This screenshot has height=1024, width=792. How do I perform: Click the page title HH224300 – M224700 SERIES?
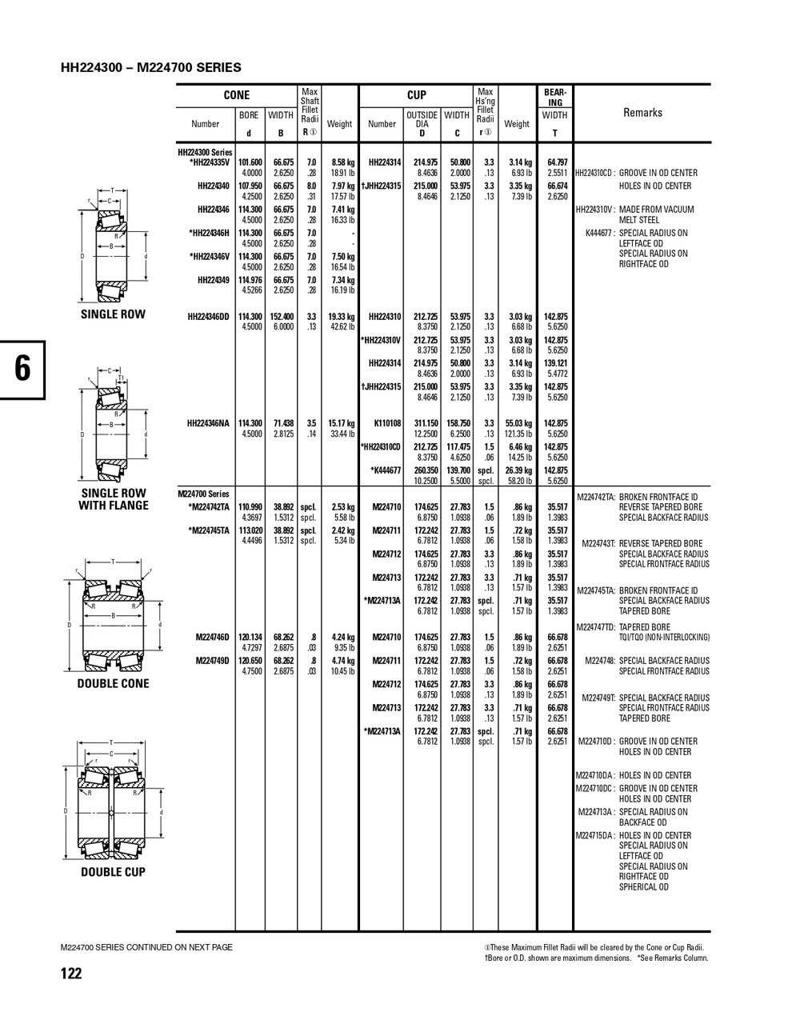(x=150, y=68)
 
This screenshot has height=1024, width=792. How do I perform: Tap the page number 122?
(x=70, y=974)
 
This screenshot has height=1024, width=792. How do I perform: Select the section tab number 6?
(x=22, y=369)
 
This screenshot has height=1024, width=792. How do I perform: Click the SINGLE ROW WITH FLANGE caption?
(x=113, y=499)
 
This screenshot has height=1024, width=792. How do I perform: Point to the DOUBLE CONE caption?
(x=113, y=684)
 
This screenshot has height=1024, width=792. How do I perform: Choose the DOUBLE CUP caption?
(x=113, y=872)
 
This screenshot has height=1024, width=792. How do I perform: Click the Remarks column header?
(x=642, y=113)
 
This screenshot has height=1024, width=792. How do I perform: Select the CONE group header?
(x=236, y=95)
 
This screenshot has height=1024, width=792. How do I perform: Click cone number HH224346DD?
(x=208, y=317)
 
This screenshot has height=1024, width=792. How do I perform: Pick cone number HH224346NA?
(x=208, y=423)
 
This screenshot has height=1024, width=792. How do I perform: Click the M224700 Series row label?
(x=203, y=494)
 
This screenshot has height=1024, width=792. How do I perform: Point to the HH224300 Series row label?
(x=205, y=152)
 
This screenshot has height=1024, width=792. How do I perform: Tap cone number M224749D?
(x=213, y=661)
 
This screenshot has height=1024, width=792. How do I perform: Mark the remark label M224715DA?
(x=595, y=835)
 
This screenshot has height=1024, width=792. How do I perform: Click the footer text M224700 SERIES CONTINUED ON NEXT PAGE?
(x=146, y=947)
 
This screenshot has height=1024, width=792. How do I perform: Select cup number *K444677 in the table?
(x=386, y=470)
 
